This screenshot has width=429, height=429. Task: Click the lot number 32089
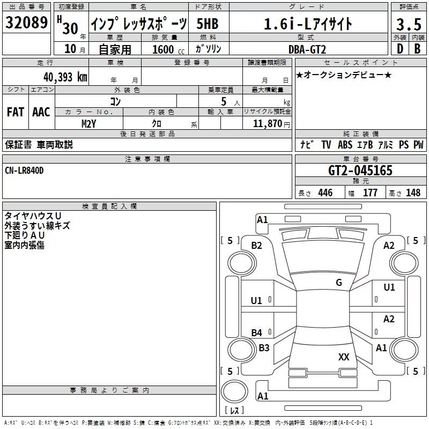coord(27,24)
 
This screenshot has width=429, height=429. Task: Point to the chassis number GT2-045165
coord(360,171)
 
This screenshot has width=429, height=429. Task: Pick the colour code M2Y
coord(89,124)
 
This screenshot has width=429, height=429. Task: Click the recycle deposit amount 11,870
coord(267,124)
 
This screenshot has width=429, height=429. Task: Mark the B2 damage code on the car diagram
coord(257,246)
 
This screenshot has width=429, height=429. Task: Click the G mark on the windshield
coord(338,283)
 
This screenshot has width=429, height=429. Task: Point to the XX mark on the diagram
coord(344,357)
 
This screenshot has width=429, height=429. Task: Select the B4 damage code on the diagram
coord(257,333)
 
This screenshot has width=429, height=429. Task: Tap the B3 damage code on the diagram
coord(264,347)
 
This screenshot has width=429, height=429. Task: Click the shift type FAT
coord(15,112)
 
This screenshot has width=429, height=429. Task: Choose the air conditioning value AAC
coord(41,112)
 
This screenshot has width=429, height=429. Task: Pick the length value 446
coord(325,193)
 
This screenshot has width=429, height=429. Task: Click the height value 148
coord(413,193)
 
